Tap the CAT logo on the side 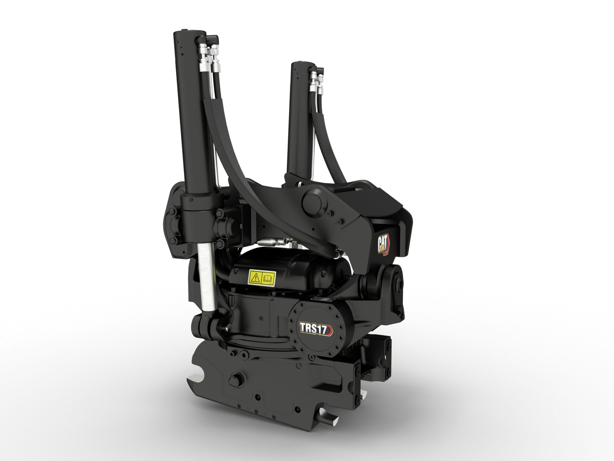pos(384,244)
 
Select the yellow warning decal pos(262,278)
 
